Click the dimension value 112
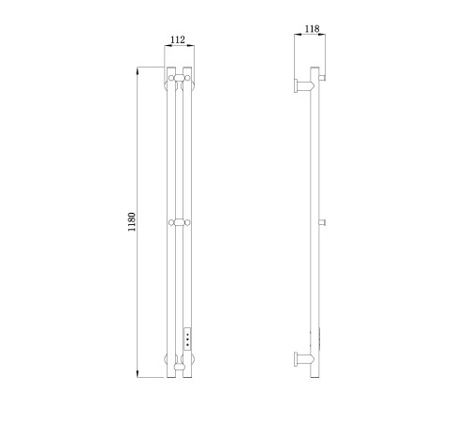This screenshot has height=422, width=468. pyautogui.click(x=178, y=39)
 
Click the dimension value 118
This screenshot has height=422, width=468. pyautogui.click(x=312, y=29)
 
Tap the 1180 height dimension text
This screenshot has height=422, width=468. pyautogui.click(x=132, y=221)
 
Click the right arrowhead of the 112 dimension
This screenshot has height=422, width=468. pyautogui.click(x=190, y=46)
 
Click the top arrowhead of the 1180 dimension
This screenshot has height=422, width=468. pyautogui.click(x=138, y=71)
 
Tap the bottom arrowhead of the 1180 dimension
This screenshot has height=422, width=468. pyautogui.click(x=138, y=374)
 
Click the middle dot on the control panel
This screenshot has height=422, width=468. pyautogui.click(x=187, y=339)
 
